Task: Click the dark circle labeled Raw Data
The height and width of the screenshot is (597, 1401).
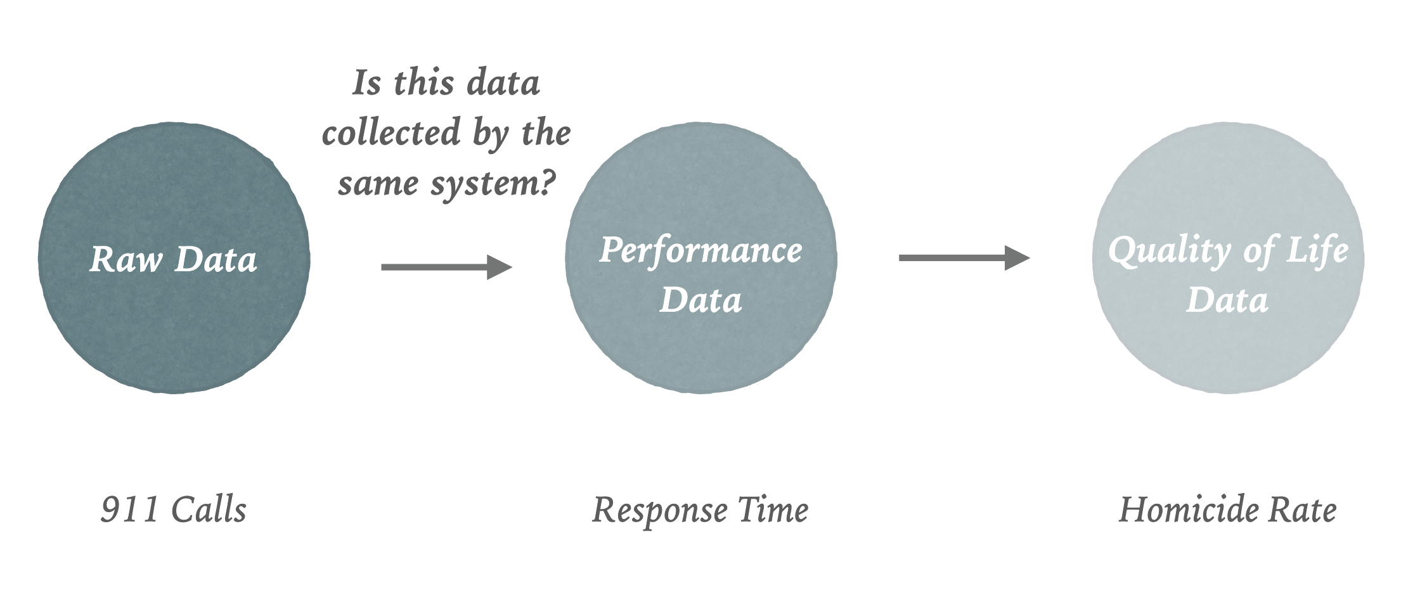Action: point(174,258)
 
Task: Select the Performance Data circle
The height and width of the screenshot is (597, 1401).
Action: point(701,258)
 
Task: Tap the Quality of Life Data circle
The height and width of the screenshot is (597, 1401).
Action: point(1228,258)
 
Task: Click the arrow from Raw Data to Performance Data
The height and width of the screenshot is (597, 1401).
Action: point(446,267)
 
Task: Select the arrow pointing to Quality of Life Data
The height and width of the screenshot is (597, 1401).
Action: point(964,257)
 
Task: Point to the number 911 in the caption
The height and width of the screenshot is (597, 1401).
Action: point(129,510)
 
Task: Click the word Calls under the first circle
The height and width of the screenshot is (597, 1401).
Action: point(209,510)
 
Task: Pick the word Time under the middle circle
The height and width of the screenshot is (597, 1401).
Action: point(773,510)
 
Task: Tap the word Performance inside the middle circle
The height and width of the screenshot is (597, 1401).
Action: point(701,250)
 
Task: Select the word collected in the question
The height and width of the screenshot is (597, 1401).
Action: point(391,132)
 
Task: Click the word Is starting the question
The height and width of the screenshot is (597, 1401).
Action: point(367,82)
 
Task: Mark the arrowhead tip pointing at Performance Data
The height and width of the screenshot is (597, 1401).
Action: point(512,267)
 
